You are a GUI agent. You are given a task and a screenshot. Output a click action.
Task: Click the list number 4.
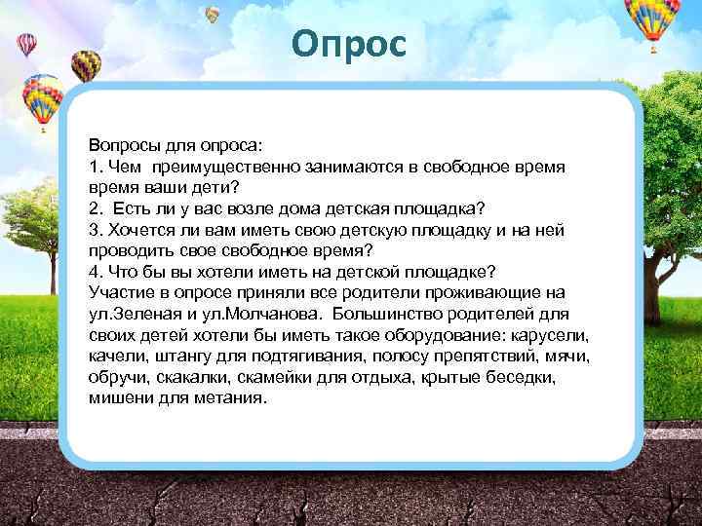95,270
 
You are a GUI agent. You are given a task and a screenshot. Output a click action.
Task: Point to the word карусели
557,334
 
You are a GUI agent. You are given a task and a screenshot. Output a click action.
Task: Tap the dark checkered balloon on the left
87,64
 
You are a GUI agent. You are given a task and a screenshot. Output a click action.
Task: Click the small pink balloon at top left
26,44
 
